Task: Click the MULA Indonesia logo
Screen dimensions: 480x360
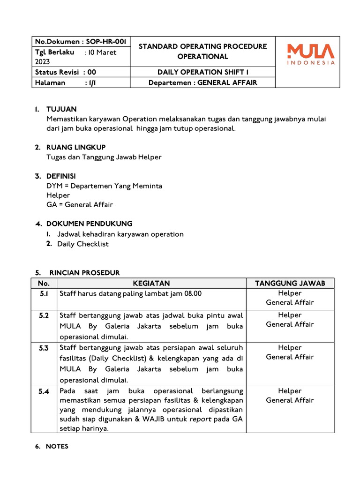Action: [311, 54]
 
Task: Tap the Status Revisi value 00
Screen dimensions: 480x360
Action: [91, 72]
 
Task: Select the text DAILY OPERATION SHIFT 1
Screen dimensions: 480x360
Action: [202, 72]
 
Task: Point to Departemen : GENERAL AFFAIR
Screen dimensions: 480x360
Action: [202, 82]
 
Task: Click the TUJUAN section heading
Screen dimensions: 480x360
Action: [61, 109]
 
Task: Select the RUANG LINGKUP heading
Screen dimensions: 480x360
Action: [76, 147]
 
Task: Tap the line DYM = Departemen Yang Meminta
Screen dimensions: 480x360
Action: [104, 186]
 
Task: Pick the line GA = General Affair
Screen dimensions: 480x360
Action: [80, 204]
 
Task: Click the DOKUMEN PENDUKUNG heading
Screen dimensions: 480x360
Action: [89, 224]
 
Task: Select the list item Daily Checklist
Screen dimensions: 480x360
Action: [82, 244]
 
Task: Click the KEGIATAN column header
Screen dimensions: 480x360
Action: [151, 283]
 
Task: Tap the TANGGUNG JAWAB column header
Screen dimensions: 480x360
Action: [290, 283]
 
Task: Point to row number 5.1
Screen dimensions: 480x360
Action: [44, 293]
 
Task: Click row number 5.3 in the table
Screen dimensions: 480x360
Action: [44, 348]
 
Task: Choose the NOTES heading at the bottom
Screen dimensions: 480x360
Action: [57, 447]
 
